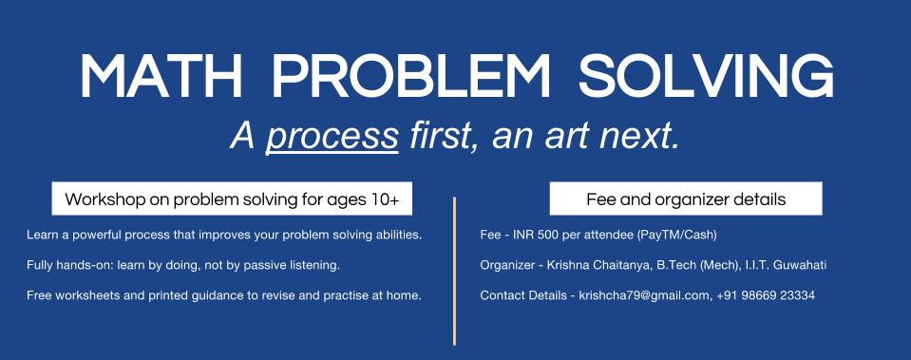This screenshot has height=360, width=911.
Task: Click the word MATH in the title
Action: click(161, 76)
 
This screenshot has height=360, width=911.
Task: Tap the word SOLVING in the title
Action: click(707, 76)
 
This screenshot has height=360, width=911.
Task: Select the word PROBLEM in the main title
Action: click(410, 76)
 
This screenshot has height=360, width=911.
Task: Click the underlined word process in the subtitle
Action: click(332, 137)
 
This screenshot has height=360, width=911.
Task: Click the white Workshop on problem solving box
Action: click(232, 199)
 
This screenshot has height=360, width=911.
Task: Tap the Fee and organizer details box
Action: click(686, 199)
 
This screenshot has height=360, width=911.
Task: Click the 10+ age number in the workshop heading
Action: click(384, 199)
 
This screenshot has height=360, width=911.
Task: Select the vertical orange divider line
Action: click(454, 271)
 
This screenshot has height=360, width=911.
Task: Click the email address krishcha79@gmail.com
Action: click(644, 295)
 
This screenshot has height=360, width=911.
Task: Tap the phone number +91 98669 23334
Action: click(765, 295)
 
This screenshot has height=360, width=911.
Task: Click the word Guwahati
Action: click(800, 265)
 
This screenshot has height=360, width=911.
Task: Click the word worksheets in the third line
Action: click(79, 295)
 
